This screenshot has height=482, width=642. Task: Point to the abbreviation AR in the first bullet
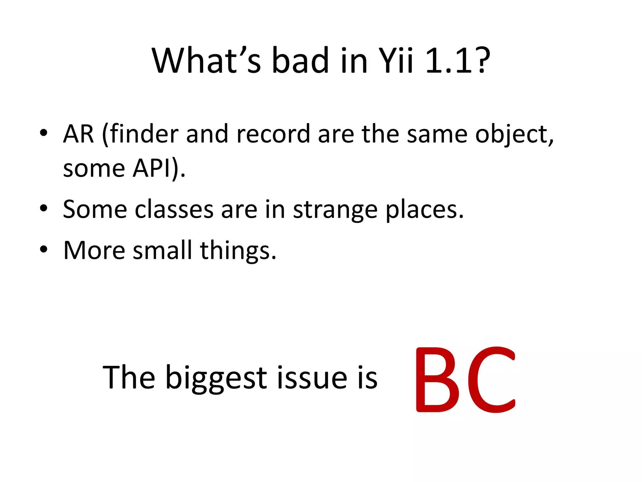click(78, 134)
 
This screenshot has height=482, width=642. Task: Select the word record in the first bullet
click(273, 134)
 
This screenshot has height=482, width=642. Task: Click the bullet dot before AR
click(44, 133)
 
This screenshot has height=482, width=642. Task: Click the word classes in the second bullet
click(174, 210)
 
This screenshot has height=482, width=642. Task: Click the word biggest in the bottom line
click(216, 378)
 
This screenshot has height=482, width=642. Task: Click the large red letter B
click(438, 380)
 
